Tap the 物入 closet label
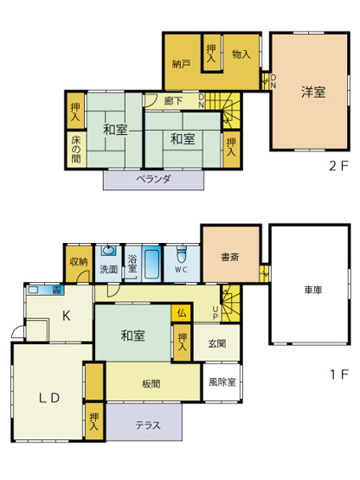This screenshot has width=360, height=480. click(x=241, y=54)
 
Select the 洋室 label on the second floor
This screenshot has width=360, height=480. click(x=313, y=93)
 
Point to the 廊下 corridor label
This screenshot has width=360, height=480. click(x=173, y=101)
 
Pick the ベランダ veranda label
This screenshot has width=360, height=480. click(x=154, y=180)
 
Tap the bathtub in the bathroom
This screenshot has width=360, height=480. click(x=151, y=263)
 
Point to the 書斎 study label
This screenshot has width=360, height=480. click(x=230, y=256)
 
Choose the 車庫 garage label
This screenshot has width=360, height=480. click(x=312, y=291)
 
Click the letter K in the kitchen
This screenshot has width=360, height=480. click(x=65, y=317)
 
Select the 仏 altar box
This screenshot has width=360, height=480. click(x=182, y=313)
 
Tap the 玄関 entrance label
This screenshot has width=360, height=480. click(x=217, y=342)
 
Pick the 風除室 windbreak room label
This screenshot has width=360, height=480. click(x=222, y=380)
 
